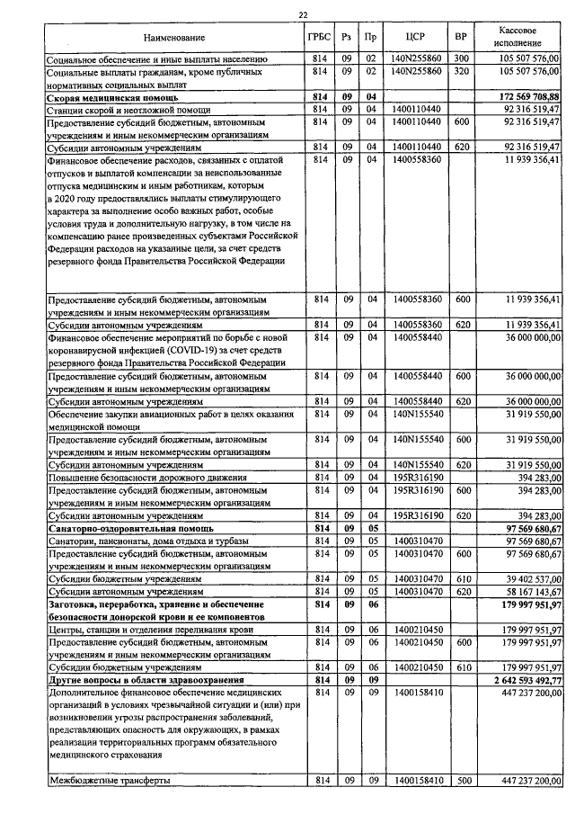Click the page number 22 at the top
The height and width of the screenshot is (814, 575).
point(303,13)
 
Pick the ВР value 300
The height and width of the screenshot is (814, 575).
point(461,58)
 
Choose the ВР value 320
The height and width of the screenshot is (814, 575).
point(461,70)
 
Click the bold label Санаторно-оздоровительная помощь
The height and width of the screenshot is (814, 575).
point(128,529)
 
